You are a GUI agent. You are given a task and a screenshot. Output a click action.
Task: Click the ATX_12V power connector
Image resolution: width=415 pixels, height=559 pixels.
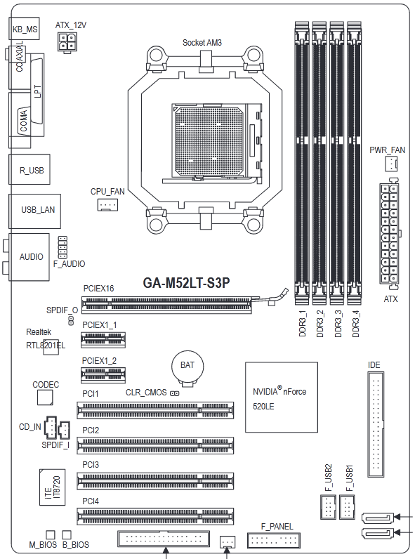click(67, 43)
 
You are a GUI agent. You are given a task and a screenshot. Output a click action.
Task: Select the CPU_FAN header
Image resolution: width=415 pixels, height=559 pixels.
click(107, 204)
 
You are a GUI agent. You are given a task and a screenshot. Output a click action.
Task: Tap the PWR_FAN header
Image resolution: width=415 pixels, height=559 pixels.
click(391, 164)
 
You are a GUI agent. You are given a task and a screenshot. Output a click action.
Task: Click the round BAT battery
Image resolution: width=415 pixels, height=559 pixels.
click(187, 367)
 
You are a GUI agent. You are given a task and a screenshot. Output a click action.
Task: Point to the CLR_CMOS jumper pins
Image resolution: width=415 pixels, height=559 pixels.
click(174, 393)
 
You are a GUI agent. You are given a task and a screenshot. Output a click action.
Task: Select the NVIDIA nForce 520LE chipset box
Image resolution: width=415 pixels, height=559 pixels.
click(282, 397)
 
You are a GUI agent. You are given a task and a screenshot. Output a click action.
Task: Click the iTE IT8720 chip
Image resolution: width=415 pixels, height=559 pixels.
click(53, 487)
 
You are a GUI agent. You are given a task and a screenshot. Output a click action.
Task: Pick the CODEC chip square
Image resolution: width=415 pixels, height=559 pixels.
click(45, 397)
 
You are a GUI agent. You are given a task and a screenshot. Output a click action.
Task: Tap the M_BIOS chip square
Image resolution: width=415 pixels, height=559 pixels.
click(51, 534)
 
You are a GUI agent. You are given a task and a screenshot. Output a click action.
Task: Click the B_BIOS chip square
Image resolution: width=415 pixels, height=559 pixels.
click(67, 534)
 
